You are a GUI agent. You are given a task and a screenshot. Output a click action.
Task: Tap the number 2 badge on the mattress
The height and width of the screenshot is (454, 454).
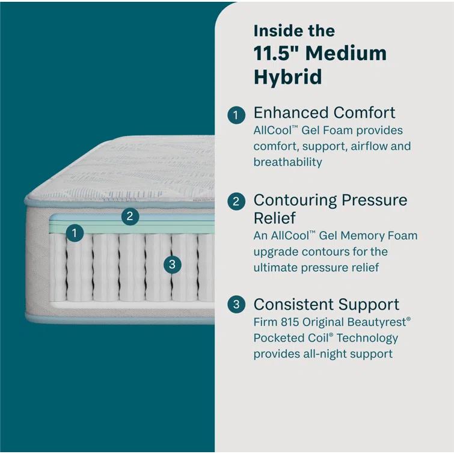(130, 216)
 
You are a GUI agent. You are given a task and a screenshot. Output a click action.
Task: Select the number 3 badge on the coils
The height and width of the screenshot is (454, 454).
(172, 264)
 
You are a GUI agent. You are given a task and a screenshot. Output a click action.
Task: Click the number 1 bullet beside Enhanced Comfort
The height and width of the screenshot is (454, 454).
(236, 114)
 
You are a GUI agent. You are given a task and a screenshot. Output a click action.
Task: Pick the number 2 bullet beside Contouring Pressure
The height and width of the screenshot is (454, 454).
(236, 201)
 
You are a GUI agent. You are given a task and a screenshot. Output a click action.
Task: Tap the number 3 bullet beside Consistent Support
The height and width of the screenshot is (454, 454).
(236, 305)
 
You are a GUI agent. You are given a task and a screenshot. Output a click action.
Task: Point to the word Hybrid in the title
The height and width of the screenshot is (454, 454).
(287, 77)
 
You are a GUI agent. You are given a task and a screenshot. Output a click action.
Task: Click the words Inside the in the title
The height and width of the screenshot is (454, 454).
(294, 31)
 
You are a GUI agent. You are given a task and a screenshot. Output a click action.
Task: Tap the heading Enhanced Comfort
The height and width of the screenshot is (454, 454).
(324, 112)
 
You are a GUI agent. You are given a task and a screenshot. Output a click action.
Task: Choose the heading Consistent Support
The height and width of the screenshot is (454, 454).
(326, 304)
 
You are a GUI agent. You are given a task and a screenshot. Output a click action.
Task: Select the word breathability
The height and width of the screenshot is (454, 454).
(287, 162)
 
